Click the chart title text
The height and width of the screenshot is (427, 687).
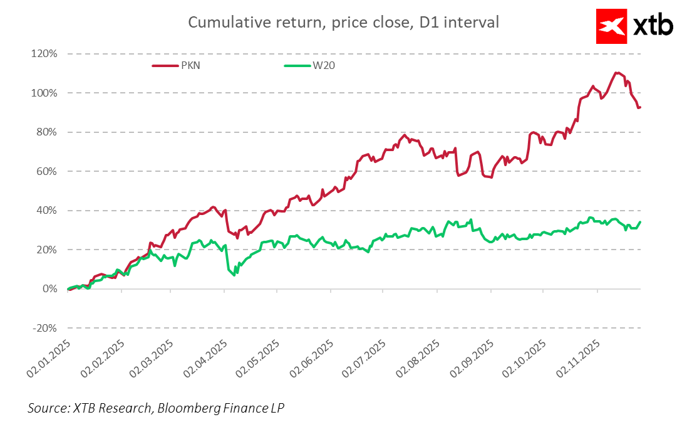[344, 23]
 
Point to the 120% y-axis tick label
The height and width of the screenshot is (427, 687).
[44, 54]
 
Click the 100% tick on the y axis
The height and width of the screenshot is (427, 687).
[44, 93]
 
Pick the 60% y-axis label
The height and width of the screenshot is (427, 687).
[46, 171]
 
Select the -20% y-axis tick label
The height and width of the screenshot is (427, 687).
[44, 328]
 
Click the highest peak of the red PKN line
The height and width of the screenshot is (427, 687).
[617, 73]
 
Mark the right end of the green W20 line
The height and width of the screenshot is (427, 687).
[640, 222]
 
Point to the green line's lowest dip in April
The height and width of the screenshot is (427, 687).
[234, 275]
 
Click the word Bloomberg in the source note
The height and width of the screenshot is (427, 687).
[187, 408]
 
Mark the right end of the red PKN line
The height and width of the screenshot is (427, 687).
[640, 107]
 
